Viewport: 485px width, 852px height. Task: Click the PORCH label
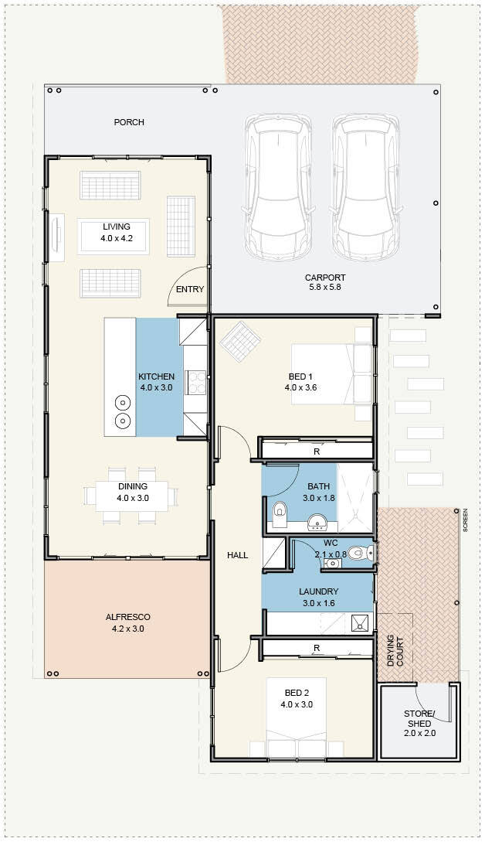(129, 122)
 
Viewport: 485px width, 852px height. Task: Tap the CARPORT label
(325, 278)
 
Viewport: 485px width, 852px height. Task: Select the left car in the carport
(279, 187)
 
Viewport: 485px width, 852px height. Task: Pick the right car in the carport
(368, 187)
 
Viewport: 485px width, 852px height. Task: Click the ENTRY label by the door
(190, 289)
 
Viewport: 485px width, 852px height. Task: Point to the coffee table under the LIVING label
(114, 237)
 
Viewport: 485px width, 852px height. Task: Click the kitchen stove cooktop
(196, 382)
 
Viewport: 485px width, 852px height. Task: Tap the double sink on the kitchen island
(123, 411)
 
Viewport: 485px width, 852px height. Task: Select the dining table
(131, 496)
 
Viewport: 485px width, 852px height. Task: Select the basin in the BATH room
(316, 523)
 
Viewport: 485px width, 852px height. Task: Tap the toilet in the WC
(358, 553)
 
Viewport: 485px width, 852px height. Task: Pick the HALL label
(238, 555)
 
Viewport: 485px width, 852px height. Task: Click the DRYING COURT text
(395, 651)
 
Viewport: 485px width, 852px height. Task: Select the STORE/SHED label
(419, 718)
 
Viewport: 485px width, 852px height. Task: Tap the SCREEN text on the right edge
(465, 520)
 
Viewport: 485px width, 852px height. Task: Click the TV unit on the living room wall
(56, 239)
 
